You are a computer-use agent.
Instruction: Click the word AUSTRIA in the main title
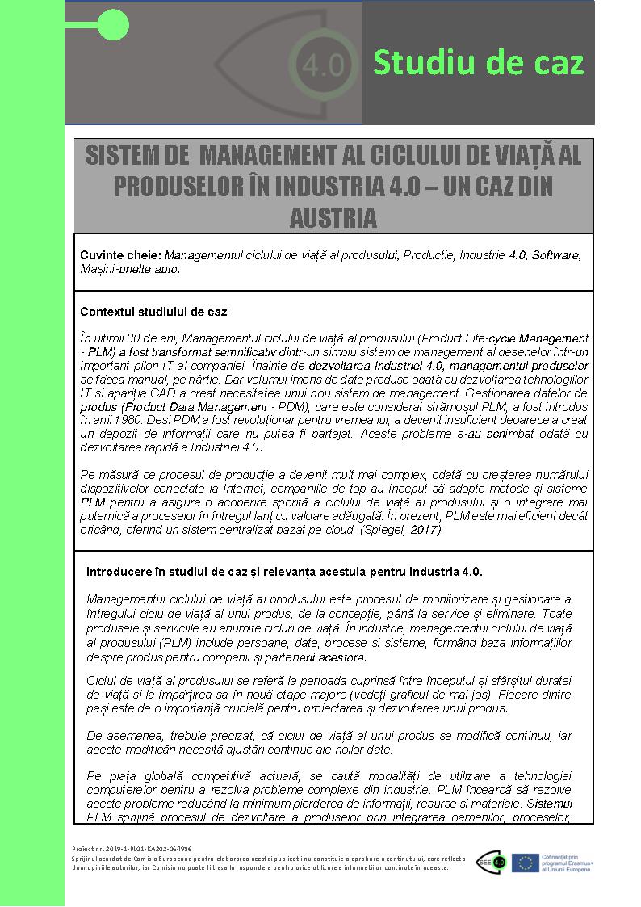click(333, 217)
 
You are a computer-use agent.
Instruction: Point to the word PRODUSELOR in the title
click(174, 186)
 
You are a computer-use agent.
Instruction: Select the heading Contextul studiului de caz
click(153, 311)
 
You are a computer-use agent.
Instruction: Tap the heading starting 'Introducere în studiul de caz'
click(284, 572)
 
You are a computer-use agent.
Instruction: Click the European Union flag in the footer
click(526, 863)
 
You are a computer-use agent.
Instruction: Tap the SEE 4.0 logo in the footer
click(491, 862)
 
